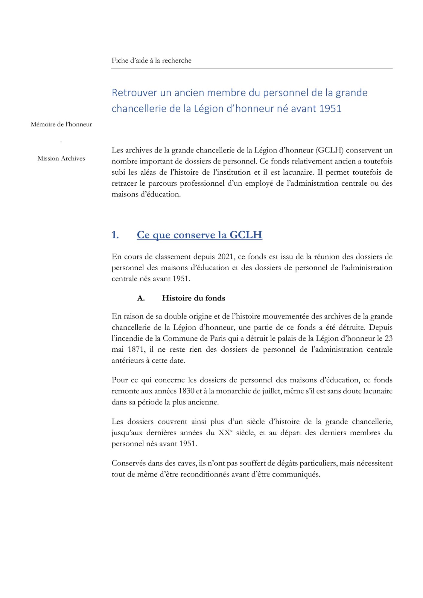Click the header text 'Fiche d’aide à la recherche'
[x=151, y=60]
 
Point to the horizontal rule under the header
[x=252, y=68]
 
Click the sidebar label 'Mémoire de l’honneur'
[x=61, y=124]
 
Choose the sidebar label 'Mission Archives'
[x=61, y=158]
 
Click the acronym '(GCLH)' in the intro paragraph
[x=329, y=150]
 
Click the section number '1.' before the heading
[x=115, y=235]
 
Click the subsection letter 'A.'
[x=141, y=298]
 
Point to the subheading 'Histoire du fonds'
[x=194, y=298]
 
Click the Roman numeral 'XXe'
[x=225, y=433]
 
